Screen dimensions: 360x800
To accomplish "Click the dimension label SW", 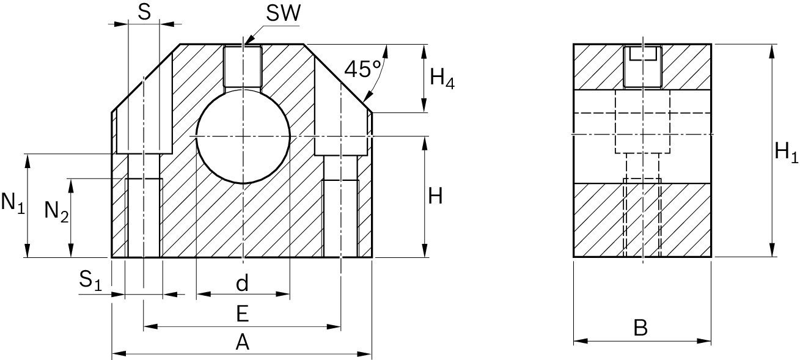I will [283, 13].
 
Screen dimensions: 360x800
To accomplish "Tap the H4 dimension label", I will [442, 78].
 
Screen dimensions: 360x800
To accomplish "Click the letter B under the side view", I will [640, 328].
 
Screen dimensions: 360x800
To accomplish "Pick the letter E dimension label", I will [242, 315].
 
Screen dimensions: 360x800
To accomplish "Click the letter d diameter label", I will [243, 284].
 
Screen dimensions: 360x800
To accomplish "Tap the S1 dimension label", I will [91, 281].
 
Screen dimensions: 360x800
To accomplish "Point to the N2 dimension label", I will [56, 211].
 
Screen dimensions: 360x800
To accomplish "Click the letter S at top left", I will [144, 13].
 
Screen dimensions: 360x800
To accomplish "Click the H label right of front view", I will [435, 197].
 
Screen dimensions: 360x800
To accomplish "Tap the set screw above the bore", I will [243, 67].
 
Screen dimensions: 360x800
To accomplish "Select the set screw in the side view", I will [642, 67].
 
